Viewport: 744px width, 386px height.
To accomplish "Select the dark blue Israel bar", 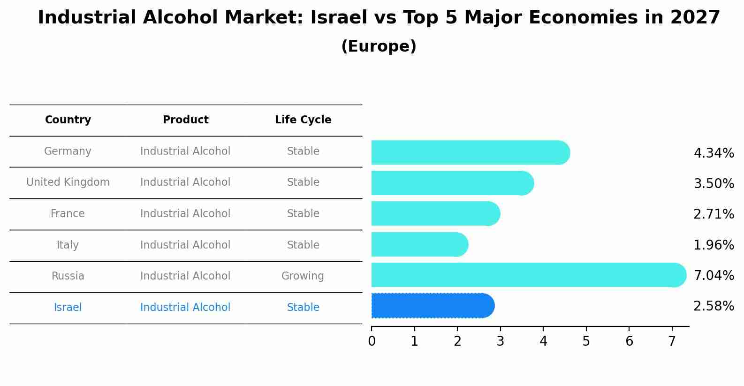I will [x=432, y=306].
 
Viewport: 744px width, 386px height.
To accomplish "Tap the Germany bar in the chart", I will [x=469, y=152].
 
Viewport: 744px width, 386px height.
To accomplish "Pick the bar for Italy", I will [x=419, y=244].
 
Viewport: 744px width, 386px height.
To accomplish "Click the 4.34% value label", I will [x=714, y=153].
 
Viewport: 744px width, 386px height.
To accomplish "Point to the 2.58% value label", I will [x=714, y=306].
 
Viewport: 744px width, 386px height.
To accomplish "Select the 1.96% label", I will [x=714, y=245].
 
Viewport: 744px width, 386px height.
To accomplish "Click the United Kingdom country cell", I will [x=68, y=182].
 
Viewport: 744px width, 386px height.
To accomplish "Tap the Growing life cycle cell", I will [x=303, y=276].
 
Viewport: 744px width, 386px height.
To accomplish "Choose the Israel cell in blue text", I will [x=68, y=307].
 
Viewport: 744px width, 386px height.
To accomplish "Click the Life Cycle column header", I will [x=303, y=120].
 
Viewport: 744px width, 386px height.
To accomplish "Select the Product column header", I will [x=185, y=120].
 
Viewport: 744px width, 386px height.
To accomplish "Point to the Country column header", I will [x=68, y=120].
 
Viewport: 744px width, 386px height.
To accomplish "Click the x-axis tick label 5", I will [x=586, y=341].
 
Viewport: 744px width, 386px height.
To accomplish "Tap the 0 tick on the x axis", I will [x=372, y=341].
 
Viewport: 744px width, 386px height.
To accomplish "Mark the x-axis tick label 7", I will [x=672, y=341].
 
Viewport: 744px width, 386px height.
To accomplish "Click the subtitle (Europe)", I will [x=379, y=46].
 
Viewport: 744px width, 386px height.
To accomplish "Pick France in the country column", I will [x=68, y=213].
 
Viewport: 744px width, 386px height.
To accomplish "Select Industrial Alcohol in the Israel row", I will [x=185, y=307].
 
